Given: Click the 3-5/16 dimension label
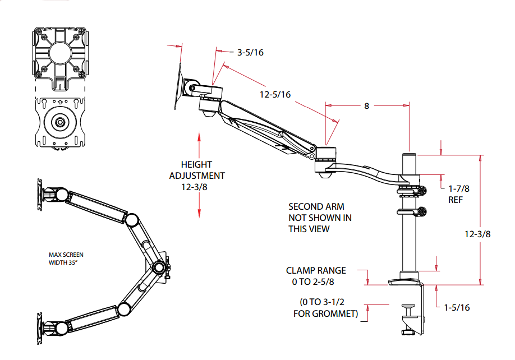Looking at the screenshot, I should pos(250,52).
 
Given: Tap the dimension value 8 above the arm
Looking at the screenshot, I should pos(367,105).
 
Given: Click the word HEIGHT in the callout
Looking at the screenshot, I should pos(196,164).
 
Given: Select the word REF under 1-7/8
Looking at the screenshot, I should pos(455,200).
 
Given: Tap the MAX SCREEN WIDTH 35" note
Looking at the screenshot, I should pos(66,258).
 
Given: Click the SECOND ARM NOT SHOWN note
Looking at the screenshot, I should pos(320,218).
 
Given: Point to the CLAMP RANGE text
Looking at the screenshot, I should pos(316,270).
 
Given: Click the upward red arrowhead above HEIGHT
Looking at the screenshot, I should pos(199,137).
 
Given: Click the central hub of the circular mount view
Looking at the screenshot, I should pos(58,122).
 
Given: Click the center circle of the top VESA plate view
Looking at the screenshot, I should pos(58,54).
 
